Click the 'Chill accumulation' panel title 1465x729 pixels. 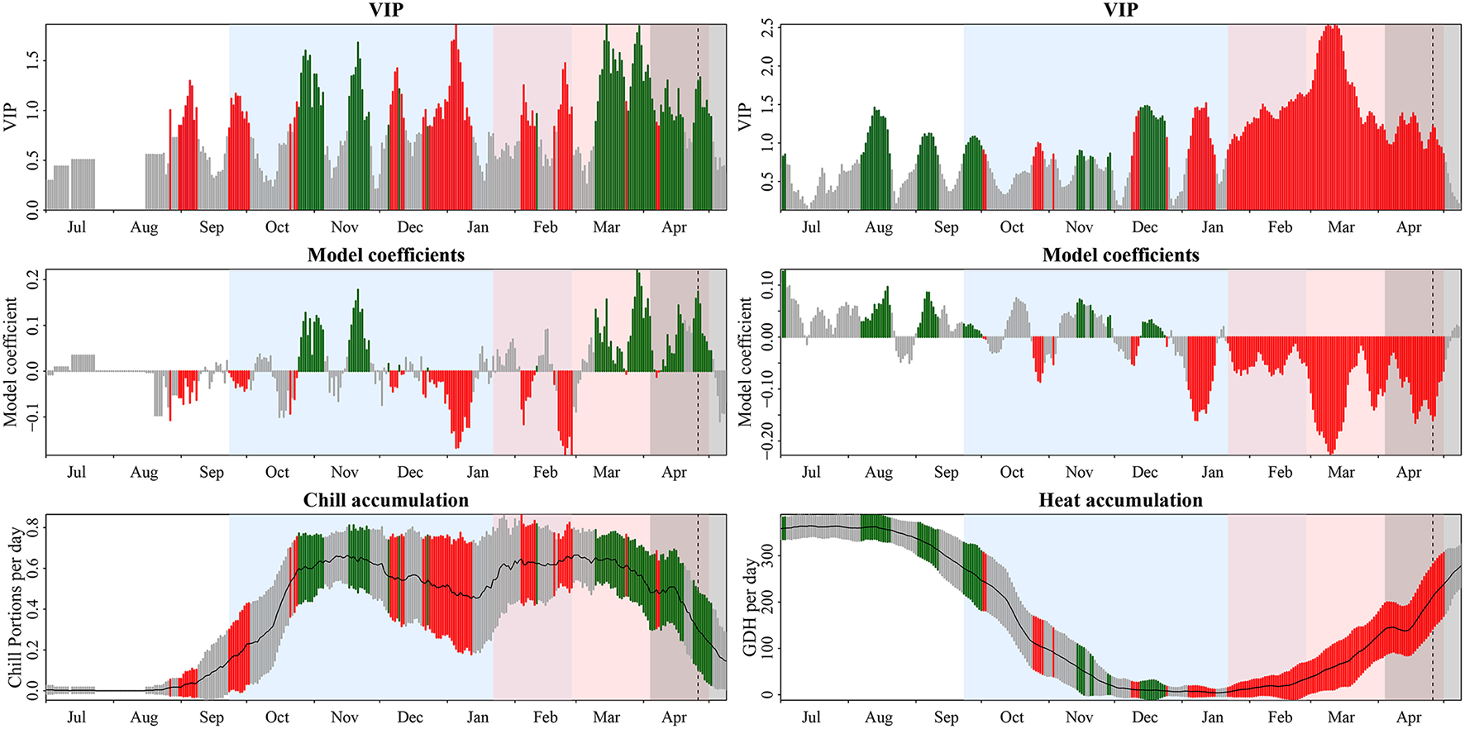click(385, 500)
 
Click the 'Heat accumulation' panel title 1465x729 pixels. click(1120, 500)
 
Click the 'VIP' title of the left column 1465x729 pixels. click(385, 10)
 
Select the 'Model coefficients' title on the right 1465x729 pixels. click(1120, 255)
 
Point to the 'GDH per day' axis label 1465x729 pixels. click(750, 607)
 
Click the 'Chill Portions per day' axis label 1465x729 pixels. click(14, 607)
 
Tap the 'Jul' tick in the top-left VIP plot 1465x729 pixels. click(76, 227)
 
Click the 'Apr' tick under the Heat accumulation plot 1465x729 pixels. click(1409, 717)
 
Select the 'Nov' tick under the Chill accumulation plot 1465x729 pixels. click(344, 717)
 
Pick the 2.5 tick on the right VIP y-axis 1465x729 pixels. click(768, 30)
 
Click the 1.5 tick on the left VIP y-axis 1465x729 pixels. click(33, 60)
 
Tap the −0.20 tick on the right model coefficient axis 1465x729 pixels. click(768, 440)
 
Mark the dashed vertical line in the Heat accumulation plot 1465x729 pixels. click(1433, 612)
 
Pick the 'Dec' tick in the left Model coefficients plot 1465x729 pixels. click(410, 473)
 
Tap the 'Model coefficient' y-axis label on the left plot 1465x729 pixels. click(11, 362)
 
